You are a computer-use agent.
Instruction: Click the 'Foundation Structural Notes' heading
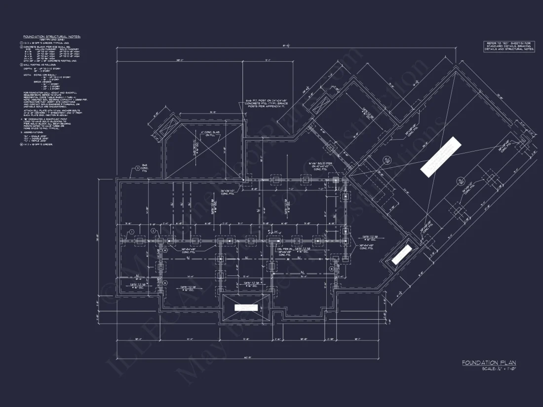pos(52,37)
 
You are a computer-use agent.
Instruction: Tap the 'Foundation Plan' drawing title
pos(489,363)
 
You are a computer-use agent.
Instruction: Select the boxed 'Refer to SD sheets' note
pos(508,46)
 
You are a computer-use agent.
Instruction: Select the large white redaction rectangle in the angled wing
pos(440,156)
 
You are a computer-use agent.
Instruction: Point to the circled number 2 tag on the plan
pos(154,230)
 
